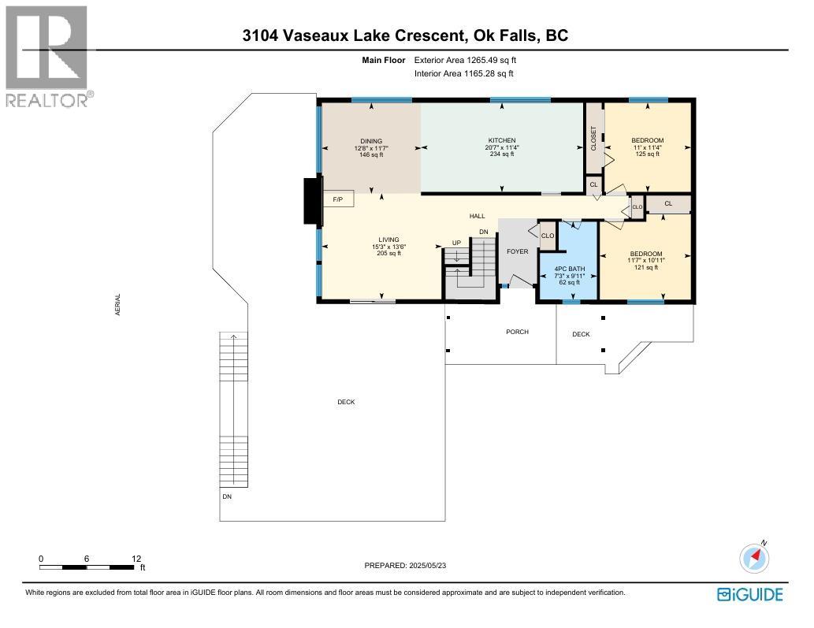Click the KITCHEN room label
(x=501, y=141)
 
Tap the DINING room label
(x=371, y=141)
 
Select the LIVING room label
(x=388, y=240)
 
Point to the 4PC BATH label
(x=570, y=269)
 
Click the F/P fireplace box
(x=338, y=199)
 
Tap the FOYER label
(x=517, y=251)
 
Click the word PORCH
(x=517, y=332)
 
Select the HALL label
(x=477, y=216)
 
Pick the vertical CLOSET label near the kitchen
(x=594, y=139)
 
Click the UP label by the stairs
(x=456, y=243)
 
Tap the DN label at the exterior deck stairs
(x=227, y=496)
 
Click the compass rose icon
(x=754, y=557)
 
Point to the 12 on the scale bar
(x=136, y=559)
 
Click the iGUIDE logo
(x=750, y=594)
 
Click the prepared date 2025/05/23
(x=427, y=566)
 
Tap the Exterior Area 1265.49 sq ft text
(x=465, y=60)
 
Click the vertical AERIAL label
(x=118, y=305)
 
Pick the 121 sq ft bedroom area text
(x=646, y=267)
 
